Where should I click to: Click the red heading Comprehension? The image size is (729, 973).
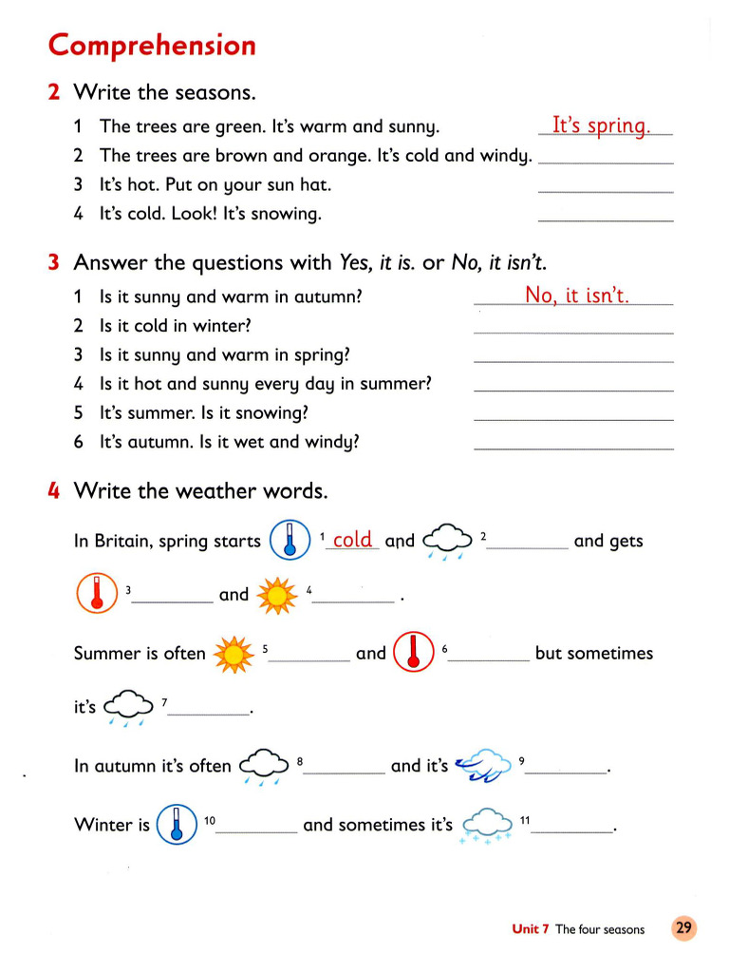(x=152, y=45)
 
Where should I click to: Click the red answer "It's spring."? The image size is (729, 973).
(x=602, y=125)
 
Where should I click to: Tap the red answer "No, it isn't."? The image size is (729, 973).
(x=577, y=296)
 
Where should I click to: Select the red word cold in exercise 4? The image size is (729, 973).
(x=352, y=540)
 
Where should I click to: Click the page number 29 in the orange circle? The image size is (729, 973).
(x=683, y=928)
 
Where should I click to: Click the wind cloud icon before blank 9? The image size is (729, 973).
(x=481, y=766)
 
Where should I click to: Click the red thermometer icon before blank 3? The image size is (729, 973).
(x=96, y=595)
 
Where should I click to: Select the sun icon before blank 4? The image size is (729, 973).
(x=277, y=595)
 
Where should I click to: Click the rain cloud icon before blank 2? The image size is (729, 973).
(x=446, y=542)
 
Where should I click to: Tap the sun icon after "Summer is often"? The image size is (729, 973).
(x=234, y=654)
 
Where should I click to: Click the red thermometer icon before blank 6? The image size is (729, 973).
(x=412, y=652)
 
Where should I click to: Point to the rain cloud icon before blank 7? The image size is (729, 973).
(x=128, y=708)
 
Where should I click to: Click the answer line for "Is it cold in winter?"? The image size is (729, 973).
(x=573, y=332)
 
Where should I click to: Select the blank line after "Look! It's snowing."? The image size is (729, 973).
(x=606, y=219)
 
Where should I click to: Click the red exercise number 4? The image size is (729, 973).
(x=55, y=491)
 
